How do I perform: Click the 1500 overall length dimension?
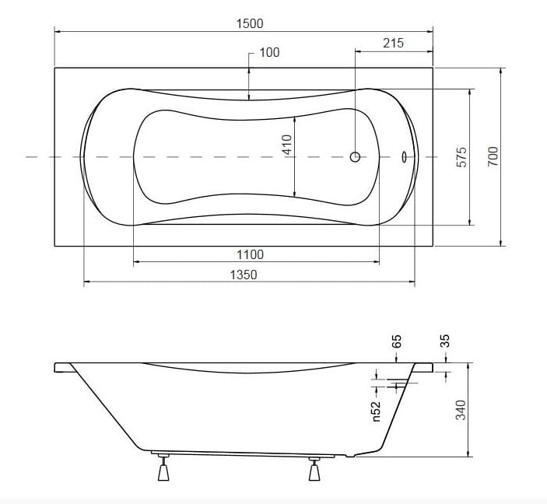point(250,23)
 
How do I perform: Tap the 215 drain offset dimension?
point(393,43)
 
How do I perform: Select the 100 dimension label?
point(269,52)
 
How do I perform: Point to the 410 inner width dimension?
point(287,145)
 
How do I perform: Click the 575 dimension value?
point(461,157)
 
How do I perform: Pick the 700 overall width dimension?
point(493,156)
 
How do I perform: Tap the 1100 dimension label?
point(250,254)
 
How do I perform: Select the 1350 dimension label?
point(244,275)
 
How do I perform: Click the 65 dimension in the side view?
point(397,341)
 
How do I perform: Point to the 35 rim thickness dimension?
point(445,341)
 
